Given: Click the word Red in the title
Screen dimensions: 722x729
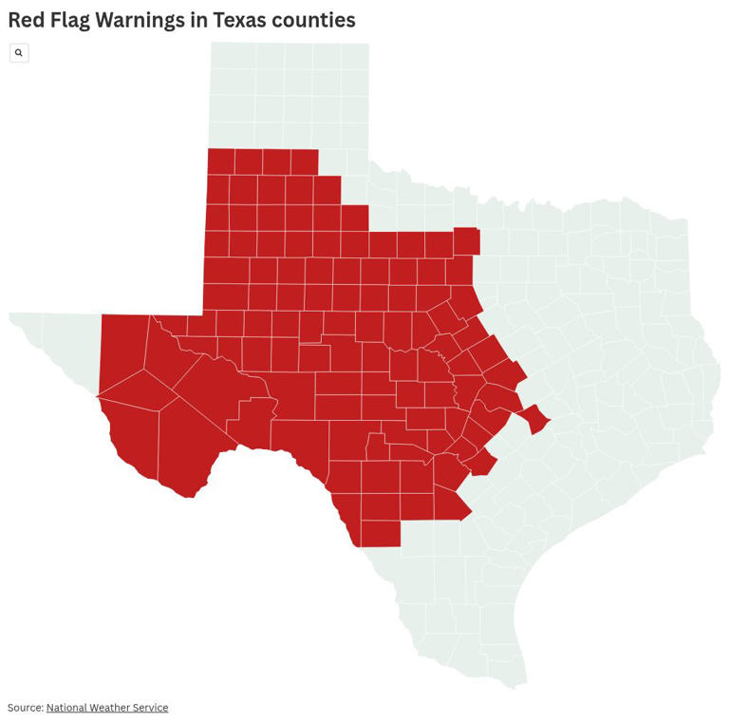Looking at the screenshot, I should [28, 20].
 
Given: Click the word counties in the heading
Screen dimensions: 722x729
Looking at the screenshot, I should [313, 20].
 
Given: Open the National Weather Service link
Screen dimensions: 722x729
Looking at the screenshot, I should [107, 708].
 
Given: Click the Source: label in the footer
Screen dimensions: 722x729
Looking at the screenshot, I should [26, 708].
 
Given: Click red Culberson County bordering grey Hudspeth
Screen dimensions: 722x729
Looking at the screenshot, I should [121, 347].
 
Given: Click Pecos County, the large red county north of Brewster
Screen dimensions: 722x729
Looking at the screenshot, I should [209, 385].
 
